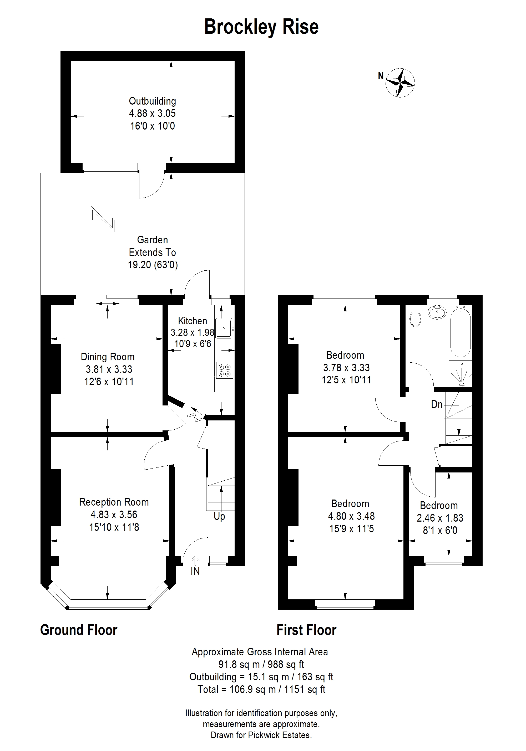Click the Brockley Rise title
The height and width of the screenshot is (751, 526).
(261, 27)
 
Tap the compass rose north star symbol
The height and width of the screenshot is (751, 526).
(400, 83)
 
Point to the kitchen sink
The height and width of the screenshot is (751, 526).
(224, 328)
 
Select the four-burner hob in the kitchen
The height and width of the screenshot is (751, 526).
(225, 370)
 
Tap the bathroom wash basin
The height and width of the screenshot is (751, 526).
(437, 312)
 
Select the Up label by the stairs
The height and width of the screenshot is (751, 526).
(219, 516)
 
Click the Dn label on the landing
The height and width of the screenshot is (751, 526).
(437, 404)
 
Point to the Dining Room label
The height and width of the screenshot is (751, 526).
(108, 357)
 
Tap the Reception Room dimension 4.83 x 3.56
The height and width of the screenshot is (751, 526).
(114, 515)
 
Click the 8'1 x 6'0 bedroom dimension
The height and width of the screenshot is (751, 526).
(440, 530)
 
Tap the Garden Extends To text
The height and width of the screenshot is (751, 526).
(153, 246)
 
